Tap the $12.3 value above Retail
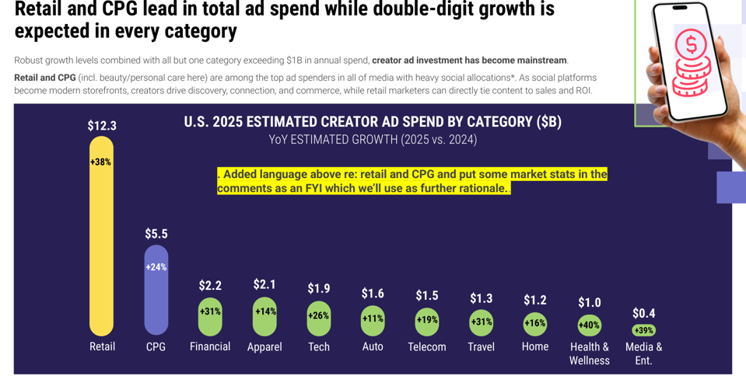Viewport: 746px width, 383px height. (x=102, y=126)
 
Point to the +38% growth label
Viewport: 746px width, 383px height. (x=101, y=162)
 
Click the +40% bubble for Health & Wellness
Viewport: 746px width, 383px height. (x=590, y=326)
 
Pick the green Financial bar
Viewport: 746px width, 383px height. (x=210, y=317)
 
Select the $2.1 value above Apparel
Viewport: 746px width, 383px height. (x=264, y=284)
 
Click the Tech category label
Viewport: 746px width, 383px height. (x=319, y=346)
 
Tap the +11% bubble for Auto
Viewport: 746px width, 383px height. (x=373, y=319)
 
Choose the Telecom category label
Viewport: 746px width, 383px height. (x=427, y=346)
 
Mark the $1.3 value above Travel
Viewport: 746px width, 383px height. (x=482, y=298)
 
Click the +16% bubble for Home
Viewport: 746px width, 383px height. (x=535, y=323)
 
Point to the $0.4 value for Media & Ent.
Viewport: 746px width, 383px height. (x=643, y=313)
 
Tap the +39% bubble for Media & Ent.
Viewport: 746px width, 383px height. (x=643, y=330)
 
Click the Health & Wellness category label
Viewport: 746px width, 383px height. (x=590, y=353)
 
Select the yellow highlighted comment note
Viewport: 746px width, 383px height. (x=412, y=181)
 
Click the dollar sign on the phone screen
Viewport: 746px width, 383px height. (x=691, y=44)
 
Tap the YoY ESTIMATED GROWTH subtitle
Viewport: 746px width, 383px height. (x=373, y=140)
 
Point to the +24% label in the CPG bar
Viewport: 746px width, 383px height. (x=156, y=267)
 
